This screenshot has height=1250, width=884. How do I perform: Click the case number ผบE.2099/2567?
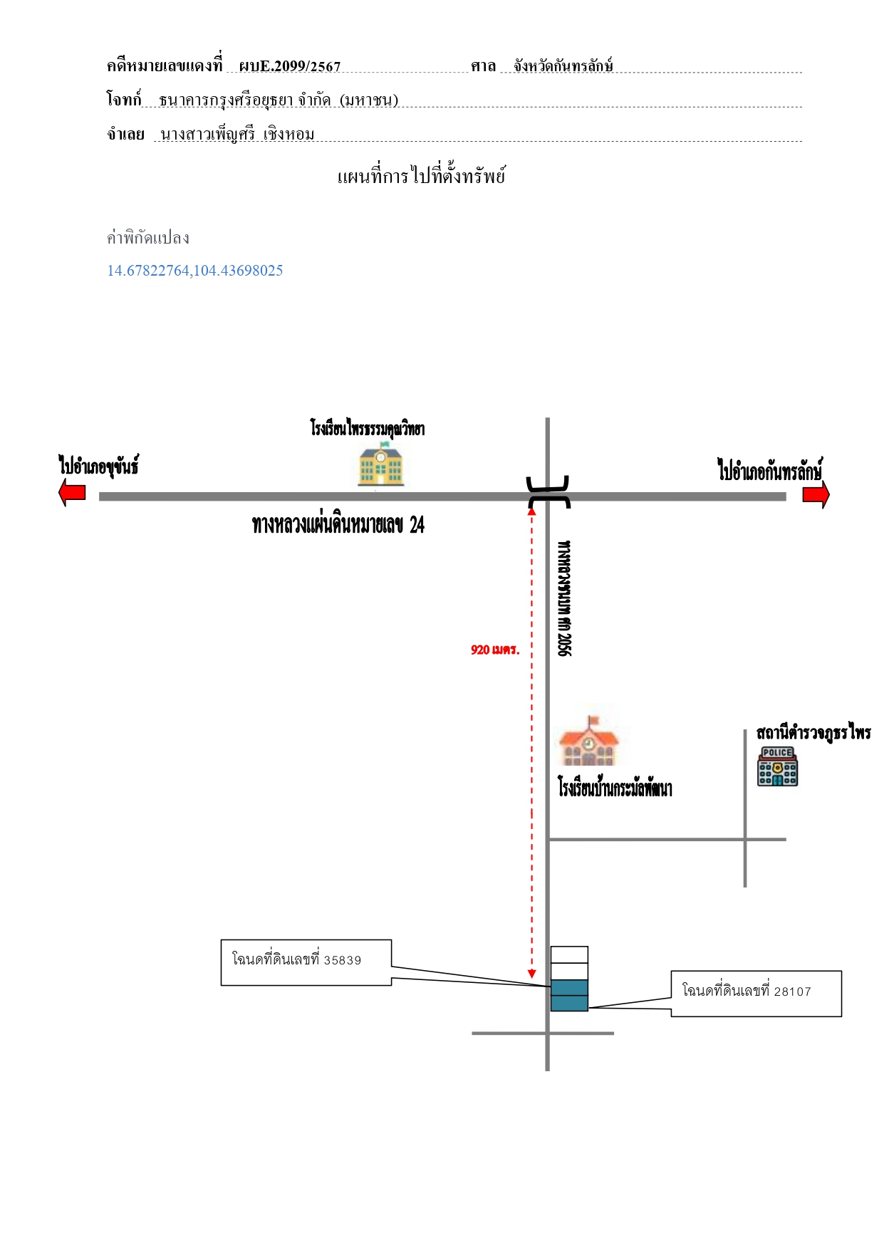(x=290, y=66)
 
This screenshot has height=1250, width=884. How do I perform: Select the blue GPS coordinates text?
(x=195, y=271)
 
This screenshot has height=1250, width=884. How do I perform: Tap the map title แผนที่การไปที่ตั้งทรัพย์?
(x=422, y=175)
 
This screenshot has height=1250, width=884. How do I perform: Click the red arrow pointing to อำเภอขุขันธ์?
(x=72, y=492)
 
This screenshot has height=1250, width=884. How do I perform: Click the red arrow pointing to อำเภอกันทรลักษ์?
(x=816, y=494)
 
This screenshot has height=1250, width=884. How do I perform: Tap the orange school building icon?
(x=588, y=741)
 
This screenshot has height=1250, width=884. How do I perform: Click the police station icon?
(x=777, y=766)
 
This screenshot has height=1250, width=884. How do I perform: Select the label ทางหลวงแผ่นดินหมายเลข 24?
(x=338, y=526)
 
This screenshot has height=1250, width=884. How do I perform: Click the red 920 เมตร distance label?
(x=495, y=650)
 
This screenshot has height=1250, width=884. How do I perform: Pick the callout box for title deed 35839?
(x=306, y=962)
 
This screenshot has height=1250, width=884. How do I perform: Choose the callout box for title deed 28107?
(x=756, y=994)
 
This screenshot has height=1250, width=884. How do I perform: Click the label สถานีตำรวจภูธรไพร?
(x=813, y=733)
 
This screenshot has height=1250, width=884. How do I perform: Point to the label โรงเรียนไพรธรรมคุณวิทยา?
(x=368, y=428)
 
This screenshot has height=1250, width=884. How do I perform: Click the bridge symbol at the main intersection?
(x=548, y=493)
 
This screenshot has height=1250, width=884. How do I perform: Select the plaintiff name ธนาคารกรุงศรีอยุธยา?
(x=227, y=100)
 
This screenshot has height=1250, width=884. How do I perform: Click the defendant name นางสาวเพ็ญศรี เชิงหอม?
(x=238, y=135)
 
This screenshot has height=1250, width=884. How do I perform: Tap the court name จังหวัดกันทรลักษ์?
(x=563, y=66)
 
